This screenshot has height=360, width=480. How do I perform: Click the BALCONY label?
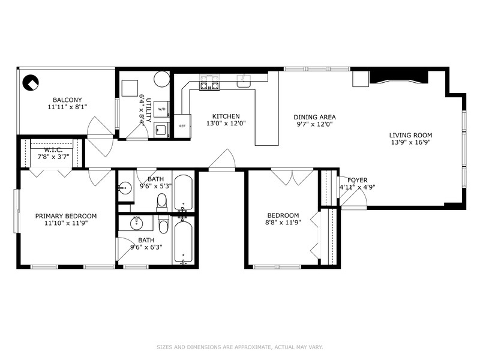67,100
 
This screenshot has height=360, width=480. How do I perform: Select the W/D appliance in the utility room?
161,110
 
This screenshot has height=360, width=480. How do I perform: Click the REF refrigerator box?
182,125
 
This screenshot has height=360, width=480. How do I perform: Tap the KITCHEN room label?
226,116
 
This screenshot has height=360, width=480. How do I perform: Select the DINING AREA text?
314,117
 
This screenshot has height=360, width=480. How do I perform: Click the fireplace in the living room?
398,77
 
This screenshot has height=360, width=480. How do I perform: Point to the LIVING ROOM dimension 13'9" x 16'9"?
410,142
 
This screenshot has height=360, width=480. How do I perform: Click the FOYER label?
358,180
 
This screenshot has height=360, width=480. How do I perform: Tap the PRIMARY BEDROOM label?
65,216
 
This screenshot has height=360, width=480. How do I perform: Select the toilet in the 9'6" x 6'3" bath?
164,224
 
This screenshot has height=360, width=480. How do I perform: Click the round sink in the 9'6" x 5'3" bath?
124,188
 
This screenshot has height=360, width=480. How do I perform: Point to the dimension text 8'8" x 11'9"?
283,223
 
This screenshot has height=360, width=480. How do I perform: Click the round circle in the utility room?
161,79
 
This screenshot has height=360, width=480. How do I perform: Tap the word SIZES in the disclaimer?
166,347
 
